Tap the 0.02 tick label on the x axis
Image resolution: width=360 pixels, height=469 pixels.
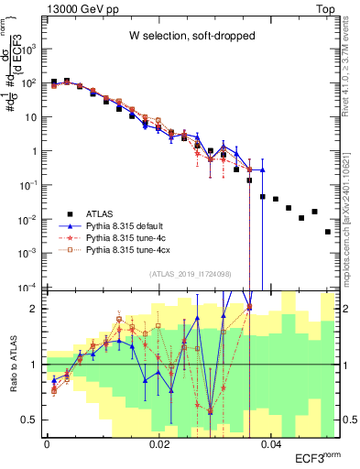[158, 442]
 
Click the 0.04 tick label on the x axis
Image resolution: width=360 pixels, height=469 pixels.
[270, 442]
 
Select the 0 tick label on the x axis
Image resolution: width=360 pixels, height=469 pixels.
[47, 442]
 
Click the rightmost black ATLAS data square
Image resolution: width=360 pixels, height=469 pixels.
[328, 232]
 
